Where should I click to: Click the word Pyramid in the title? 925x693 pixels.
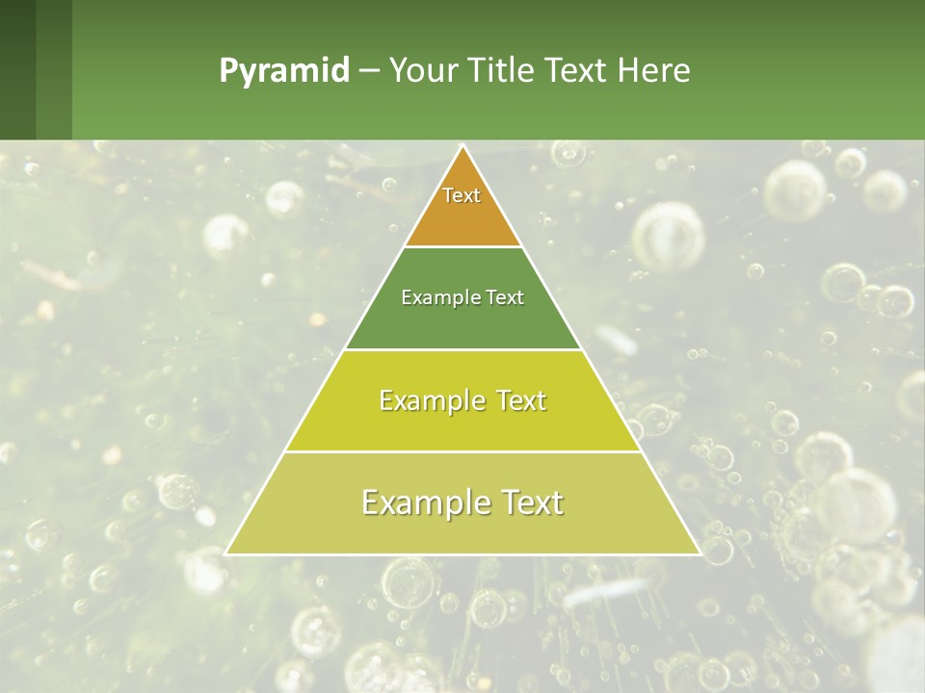pos(284,71)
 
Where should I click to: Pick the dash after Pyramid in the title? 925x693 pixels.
pos(368,71)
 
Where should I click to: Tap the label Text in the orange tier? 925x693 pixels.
pos(462,195)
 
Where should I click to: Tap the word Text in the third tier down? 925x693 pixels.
pos(519,400)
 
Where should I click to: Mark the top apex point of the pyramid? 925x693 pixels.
pos(462,146)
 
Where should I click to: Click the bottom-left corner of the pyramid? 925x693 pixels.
pos(226,553)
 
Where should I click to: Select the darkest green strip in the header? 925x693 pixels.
pos(17,69)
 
